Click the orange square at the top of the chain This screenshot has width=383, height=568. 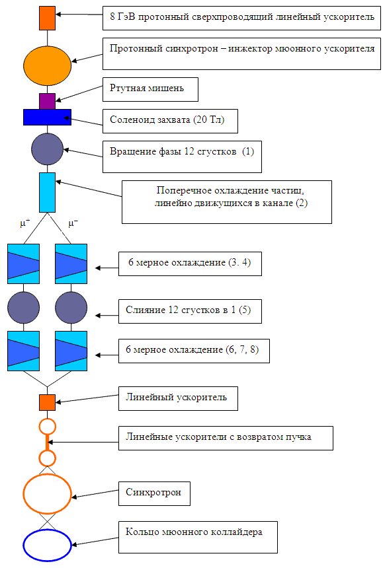tap(47, 18)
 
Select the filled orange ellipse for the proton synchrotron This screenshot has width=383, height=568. tap(47, 66)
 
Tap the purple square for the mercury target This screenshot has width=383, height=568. tap(47, 101)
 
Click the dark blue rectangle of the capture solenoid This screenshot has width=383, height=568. tap(47, 117)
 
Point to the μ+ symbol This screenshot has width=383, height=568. tap(25, 223)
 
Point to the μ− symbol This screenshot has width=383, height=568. tap(73, 223)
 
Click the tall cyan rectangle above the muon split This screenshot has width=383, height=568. tap(47, 192)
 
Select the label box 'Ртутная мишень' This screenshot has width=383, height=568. tap(150, 89)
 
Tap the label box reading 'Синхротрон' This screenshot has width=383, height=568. tap(154, 493)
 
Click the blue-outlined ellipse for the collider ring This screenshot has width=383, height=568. tap(47, 530)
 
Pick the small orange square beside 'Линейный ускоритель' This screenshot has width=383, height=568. tap(47, 402)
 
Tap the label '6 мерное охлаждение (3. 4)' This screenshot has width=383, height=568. tap(190, 264)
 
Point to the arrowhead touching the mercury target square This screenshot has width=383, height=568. tap(58, 100)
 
